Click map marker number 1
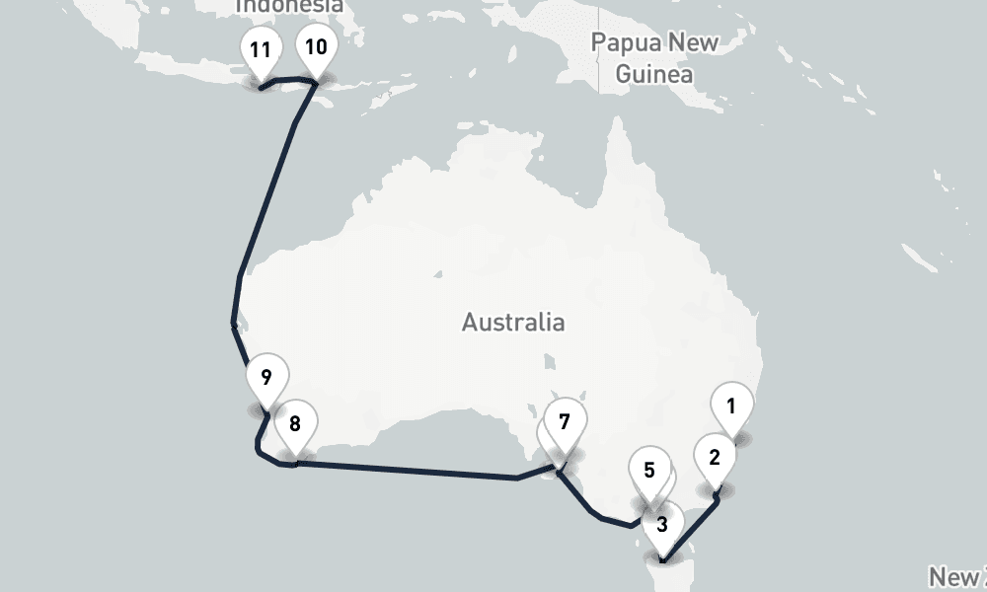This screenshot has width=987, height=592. (731, 407)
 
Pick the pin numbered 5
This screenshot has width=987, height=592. (648, 471)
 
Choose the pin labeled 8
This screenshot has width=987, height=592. (294, 425)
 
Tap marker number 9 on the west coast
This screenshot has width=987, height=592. (266, 378)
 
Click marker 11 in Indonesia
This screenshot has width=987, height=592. (261, 49)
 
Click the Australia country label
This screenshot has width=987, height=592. (513, 322)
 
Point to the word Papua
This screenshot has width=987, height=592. (624, 43)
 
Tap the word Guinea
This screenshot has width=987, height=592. (653, 74)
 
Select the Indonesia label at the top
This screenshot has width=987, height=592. (289, 6)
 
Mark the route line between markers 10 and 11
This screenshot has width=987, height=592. (287, 78)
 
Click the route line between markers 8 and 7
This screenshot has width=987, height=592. (415, 471)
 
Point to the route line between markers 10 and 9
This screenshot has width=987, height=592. (266, 197)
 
